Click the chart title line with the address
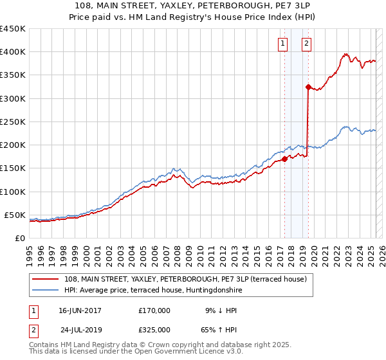pos(193,6)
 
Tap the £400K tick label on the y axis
pos(13,52)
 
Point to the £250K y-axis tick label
pos(13,122)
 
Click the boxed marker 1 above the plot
pos(283,44)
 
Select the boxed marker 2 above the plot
pos(306,44)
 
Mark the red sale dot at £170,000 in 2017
pos(284,159)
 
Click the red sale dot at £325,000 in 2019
pos(308,87)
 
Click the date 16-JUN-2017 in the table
pos(80,310)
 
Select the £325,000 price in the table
pos(154,329)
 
